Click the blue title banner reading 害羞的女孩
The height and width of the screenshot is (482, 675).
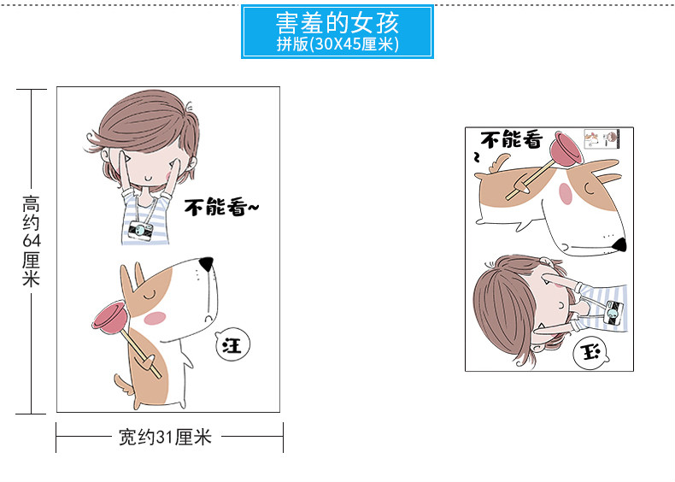click(x=337, y=31)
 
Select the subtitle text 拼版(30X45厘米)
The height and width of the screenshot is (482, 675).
click(x=337, y=44)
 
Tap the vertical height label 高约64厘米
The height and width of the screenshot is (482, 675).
click(x=31, y=241)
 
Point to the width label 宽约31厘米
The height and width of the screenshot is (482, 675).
click(x=165, y=437)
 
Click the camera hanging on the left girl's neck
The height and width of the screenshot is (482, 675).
click(x=141, y=231)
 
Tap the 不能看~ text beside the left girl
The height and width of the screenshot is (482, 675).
click(x=221, y=207)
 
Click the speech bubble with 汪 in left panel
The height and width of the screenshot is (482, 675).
click(x=232, y=344)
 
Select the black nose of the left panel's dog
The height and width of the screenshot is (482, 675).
click(x=207, y=262)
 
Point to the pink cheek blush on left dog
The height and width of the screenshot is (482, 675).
click(x=155, y=318)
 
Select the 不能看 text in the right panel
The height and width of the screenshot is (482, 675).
click(x=512, y=140)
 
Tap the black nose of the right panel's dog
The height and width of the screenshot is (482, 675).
click(x=619, y=245)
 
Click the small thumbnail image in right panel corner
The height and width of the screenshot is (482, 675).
click(x=602, y=139)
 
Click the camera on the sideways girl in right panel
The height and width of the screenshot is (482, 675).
click(x=614, y=313)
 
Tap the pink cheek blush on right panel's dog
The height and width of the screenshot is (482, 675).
click(x=566, y=193)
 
